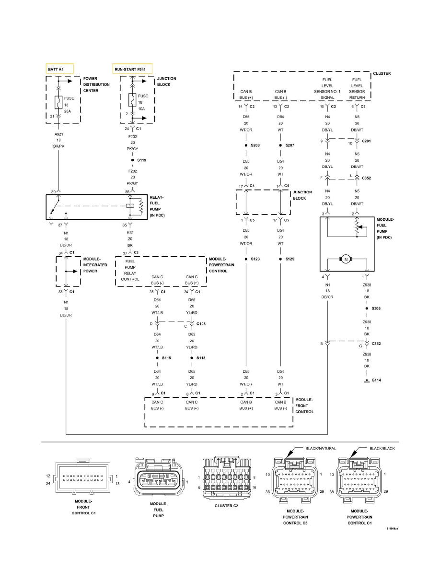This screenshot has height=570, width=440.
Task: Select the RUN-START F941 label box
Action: pyautogui.click(x=132, y=69)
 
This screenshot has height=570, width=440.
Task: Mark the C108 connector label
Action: pyautogui.click(x=201, y=324)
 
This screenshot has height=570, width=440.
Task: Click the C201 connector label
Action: pyautogui.click(x=367, y=142)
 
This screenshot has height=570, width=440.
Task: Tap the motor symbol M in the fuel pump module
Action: pyautogui.click(x=345, y=260)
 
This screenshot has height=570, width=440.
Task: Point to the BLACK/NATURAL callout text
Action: pyautogui.click(x=320, y=449)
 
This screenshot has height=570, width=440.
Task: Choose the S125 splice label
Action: pyautogui.click(x=289, y=259)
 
